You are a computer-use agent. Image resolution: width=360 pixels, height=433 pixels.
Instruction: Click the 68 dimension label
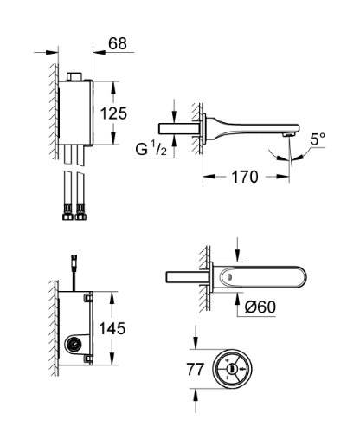tap(118, 44)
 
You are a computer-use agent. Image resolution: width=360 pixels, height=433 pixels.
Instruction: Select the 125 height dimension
tap(113, 113)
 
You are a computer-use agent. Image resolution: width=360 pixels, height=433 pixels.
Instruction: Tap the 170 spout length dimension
tap(245, 177)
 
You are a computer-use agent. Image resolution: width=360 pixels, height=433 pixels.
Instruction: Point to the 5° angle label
tap(318, 139)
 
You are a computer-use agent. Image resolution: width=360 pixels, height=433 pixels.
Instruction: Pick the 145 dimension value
tap(112, 328)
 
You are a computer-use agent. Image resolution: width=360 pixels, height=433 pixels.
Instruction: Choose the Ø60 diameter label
tap(260, 307)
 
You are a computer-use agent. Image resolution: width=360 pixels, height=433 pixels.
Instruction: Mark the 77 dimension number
tap(196, 369)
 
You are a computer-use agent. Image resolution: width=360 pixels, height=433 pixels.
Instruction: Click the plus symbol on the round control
tap(227, 360)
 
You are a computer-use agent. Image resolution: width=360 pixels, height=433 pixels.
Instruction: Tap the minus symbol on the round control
tap(227, 378)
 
